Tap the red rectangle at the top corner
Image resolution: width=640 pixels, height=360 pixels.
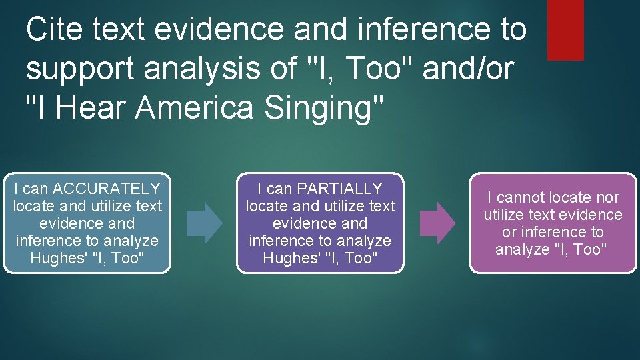click(565, 29)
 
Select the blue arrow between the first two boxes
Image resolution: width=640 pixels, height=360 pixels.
click(204, 223)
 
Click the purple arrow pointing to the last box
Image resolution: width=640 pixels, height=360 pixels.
click(437, 223)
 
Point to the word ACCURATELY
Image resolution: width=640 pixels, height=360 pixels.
click(107, 189)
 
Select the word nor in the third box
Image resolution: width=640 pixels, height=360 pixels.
click(607, 197)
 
